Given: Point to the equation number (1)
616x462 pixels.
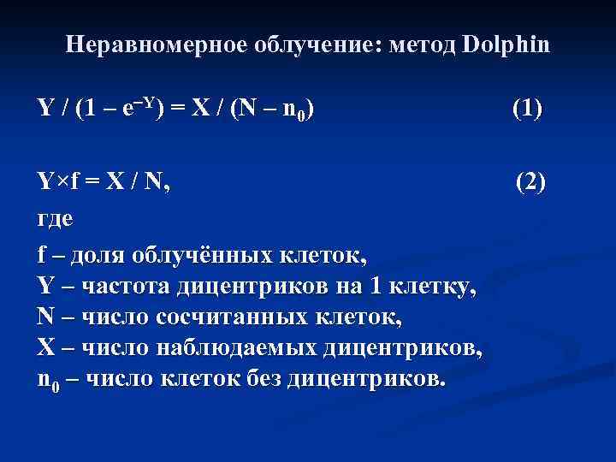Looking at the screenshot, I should coord(527,109).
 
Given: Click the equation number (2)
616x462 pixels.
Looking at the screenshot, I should coord(530,181).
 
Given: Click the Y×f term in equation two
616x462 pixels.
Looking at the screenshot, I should coord(60,181).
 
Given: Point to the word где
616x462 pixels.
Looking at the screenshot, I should coord(55,217).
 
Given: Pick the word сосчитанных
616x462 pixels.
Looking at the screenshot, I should coord(228,317).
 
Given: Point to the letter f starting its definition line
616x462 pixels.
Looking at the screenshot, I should coord(42,254).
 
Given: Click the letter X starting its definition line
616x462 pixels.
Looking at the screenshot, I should coord(45,348).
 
